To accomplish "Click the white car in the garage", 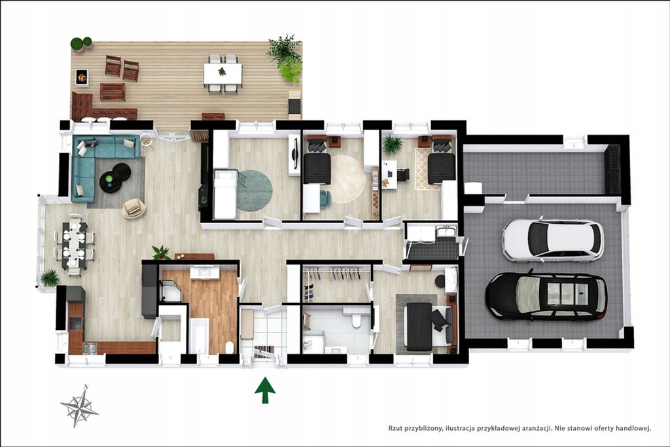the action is (x=552, y=240).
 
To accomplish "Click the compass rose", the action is (x=79, y=406).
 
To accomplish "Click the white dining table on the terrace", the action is (x=222, y=73).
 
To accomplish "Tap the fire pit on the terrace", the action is (x=82, y=77).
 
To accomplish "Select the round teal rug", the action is (x=255, y=190).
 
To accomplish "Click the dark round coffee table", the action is (x=115, y=175).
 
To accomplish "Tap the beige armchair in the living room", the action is (x=133, y=207).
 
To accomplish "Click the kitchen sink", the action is (x=90, y=348).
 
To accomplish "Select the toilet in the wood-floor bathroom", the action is (x=229, y=348).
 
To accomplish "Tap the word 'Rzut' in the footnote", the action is (x=395, y=427).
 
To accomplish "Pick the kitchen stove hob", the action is (x=75, y=323).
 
